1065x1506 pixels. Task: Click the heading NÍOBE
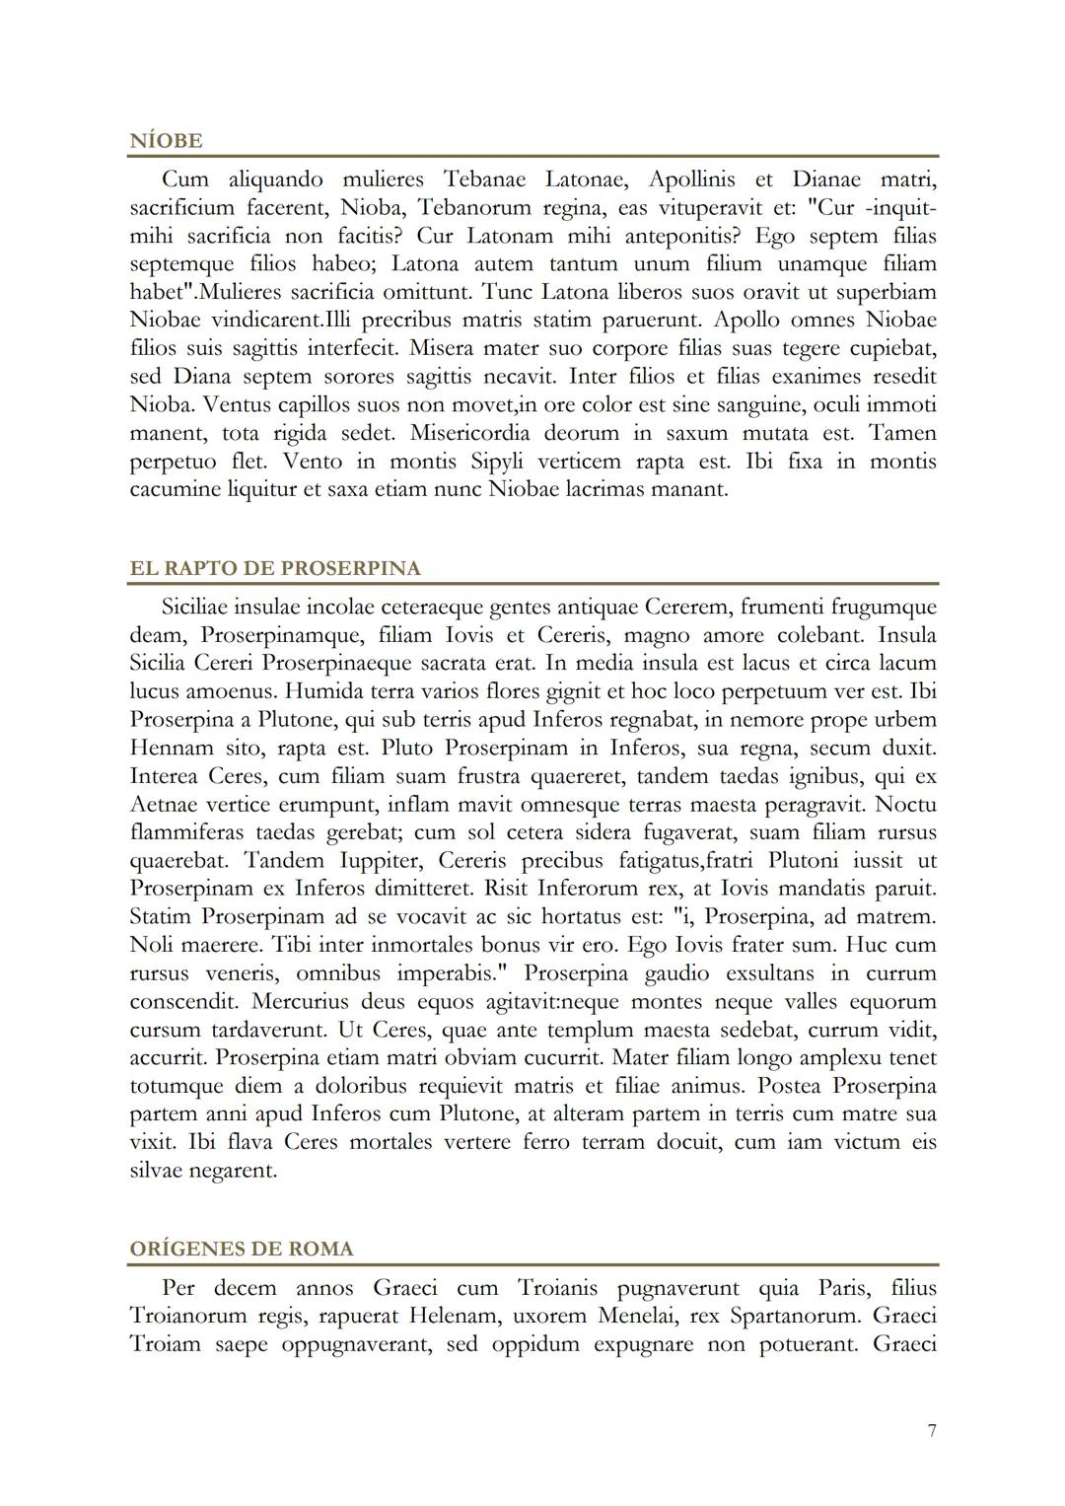[x=166, y=141]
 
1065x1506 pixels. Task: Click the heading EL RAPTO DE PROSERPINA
[x=275, y=568]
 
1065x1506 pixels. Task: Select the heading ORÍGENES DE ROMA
[x=242, y=1249]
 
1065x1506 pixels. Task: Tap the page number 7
[x=932, y=1430]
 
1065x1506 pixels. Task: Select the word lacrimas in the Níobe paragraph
[x=604, y=489]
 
